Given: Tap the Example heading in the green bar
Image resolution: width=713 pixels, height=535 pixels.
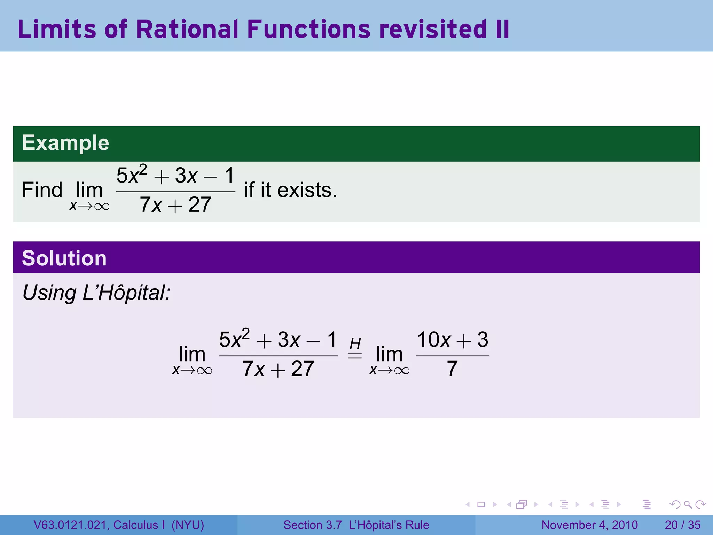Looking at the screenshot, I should pyautogui.click(x=65, y=143).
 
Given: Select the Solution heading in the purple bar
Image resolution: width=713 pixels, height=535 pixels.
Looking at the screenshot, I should pyautogui.click(x=64, y=258).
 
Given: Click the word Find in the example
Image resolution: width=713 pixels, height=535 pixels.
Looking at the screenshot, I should pyautogui.click(x=42, y=190).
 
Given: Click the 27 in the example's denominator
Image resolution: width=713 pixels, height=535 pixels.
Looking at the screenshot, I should pyautogui.click(x=200, y=205).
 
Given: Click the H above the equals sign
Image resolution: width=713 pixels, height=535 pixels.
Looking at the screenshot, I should pyautogui.click(x=355, y=344).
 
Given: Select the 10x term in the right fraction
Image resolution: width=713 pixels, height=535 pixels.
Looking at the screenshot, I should pyautogui.click(x=434, y=340).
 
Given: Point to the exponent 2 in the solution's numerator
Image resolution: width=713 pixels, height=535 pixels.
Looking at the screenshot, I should pyautogui.click(x=246, y=334).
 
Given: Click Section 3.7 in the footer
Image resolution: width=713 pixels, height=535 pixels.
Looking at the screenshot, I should pyautogui.click(x=312, y=525).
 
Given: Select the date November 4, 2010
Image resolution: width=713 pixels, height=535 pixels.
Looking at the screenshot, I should pyautogui.click(x=589, y=525).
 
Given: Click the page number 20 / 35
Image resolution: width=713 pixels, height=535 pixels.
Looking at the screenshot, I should pyautogui.click(x=682, y=525).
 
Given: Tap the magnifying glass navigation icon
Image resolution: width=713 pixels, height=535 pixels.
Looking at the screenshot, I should pyautogui.click(x=688, y=504).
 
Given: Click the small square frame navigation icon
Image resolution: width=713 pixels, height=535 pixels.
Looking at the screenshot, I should pyautogui.click(x=481, y=504).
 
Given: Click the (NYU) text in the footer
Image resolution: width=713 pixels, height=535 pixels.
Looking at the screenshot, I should pyautogui.click(x=188, y=525).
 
